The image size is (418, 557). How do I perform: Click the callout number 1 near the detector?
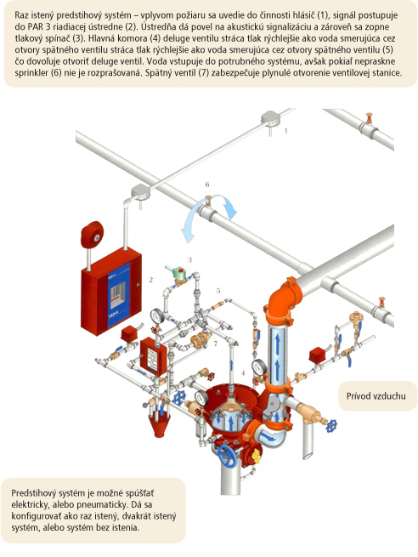tap(286, 131)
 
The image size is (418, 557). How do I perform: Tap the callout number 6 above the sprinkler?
tap(207, 185)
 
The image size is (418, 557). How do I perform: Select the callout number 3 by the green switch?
tap(189, 259)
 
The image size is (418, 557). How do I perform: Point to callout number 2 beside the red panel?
tap(151, 280)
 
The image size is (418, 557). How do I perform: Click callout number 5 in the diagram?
tap(218, 290)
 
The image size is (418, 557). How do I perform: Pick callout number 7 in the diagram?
tap(216, 344)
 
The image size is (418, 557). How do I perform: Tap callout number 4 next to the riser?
tap(243, 373)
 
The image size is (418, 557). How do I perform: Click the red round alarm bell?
tap(92, 235)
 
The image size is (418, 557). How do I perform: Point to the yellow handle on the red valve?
tap(256, 456)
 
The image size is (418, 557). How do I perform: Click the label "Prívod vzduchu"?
tap(376, 396)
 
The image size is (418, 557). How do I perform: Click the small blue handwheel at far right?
tap(331, 425)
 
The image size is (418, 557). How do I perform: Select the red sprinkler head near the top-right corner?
tap(370, 118)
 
